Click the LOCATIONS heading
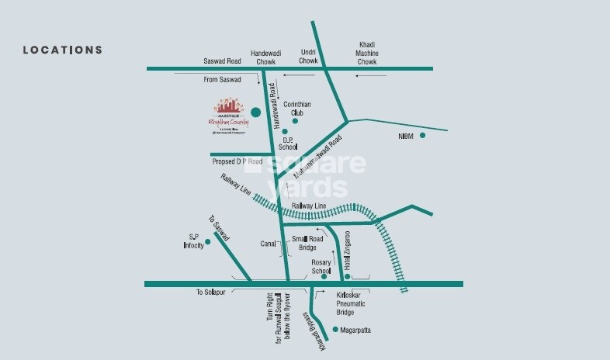point(63,50)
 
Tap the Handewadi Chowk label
point(264,57)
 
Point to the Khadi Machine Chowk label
point(367,54)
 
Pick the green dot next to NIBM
point(423,136)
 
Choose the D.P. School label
point(289,143)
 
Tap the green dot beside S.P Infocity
point(208,241)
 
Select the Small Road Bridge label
point(303,243)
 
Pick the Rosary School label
point(321,268)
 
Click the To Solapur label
point(210,292)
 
